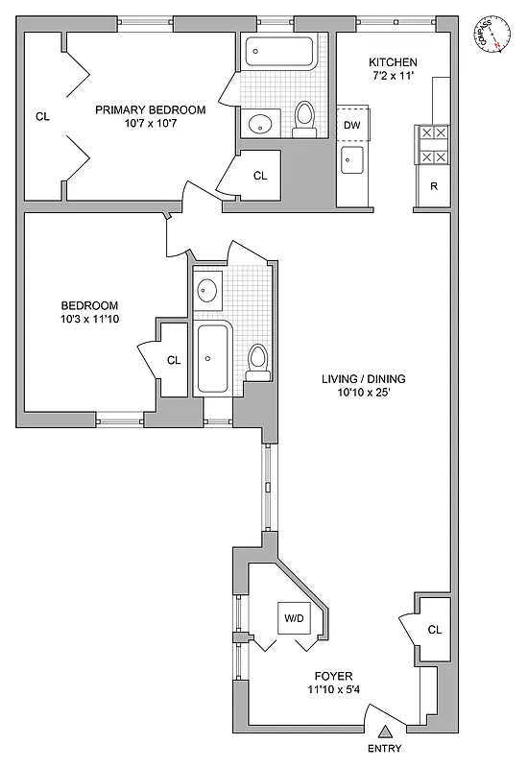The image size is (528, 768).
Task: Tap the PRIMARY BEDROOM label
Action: point(150,109)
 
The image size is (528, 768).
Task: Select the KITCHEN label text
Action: point(394,61)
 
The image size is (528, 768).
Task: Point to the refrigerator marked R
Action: point(434,186)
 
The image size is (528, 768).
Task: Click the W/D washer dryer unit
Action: point(293,619)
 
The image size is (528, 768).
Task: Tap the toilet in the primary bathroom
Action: point(305,116)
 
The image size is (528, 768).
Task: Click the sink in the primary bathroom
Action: point(259,122)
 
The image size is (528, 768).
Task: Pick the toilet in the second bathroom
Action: point(256,359)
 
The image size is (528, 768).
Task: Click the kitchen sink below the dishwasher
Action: point(350,159)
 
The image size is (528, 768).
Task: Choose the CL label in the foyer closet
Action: point(434,631)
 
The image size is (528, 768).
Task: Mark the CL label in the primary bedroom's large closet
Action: point(42,117)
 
